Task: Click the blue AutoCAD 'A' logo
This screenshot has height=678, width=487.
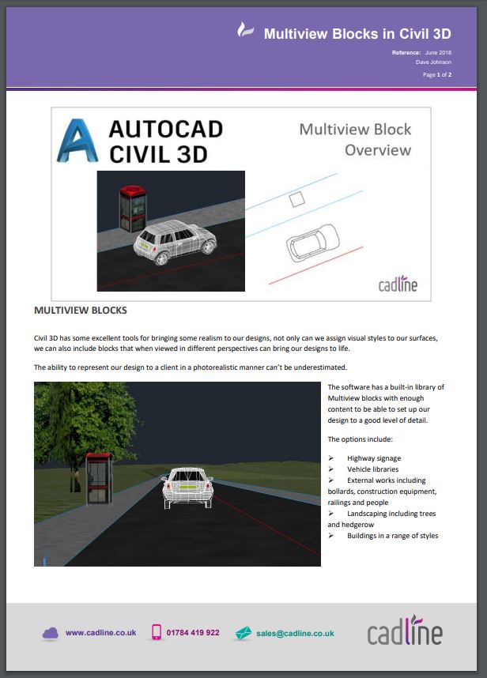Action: (77, 141)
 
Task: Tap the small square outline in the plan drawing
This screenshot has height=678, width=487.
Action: (296, 199)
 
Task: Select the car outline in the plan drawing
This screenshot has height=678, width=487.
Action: (313, 243)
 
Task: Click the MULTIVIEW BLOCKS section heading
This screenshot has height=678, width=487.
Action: (81, 311)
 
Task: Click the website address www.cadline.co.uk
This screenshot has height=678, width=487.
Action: (100, 633)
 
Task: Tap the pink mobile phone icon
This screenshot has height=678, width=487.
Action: (157, 632)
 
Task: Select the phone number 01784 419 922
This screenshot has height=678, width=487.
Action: (193, 633)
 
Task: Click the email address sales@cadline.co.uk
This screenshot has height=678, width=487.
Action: (296, 634)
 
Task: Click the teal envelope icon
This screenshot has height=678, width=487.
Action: (243, 633)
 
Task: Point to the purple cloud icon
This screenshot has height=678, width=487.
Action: (51, 634)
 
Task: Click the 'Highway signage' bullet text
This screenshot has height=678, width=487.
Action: (374, 458)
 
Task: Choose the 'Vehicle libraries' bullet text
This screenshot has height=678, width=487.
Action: (373, 469)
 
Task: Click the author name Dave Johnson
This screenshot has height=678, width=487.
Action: (433, 62)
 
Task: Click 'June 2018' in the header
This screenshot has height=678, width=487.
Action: (438, 52)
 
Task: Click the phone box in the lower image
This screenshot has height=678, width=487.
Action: (99, 479)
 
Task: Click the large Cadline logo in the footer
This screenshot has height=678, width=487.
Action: (406, 631)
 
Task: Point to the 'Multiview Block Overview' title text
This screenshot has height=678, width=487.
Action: (356, 139)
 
